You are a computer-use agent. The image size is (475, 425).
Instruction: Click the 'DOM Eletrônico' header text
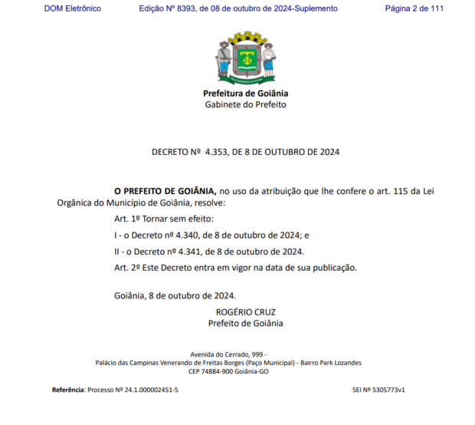click(73, 8)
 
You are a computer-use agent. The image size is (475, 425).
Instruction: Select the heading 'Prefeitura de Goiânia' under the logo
click(245, 94)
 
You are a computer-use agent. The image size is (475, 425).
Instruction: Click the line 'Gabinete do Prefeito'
click(245, 104)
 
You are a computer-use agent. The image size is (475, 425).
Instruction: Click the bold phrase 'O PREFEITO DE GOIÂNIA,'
click(165, 189)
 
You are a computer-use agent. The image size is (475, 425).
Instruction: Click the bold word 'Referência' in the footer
click(68, 390)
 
